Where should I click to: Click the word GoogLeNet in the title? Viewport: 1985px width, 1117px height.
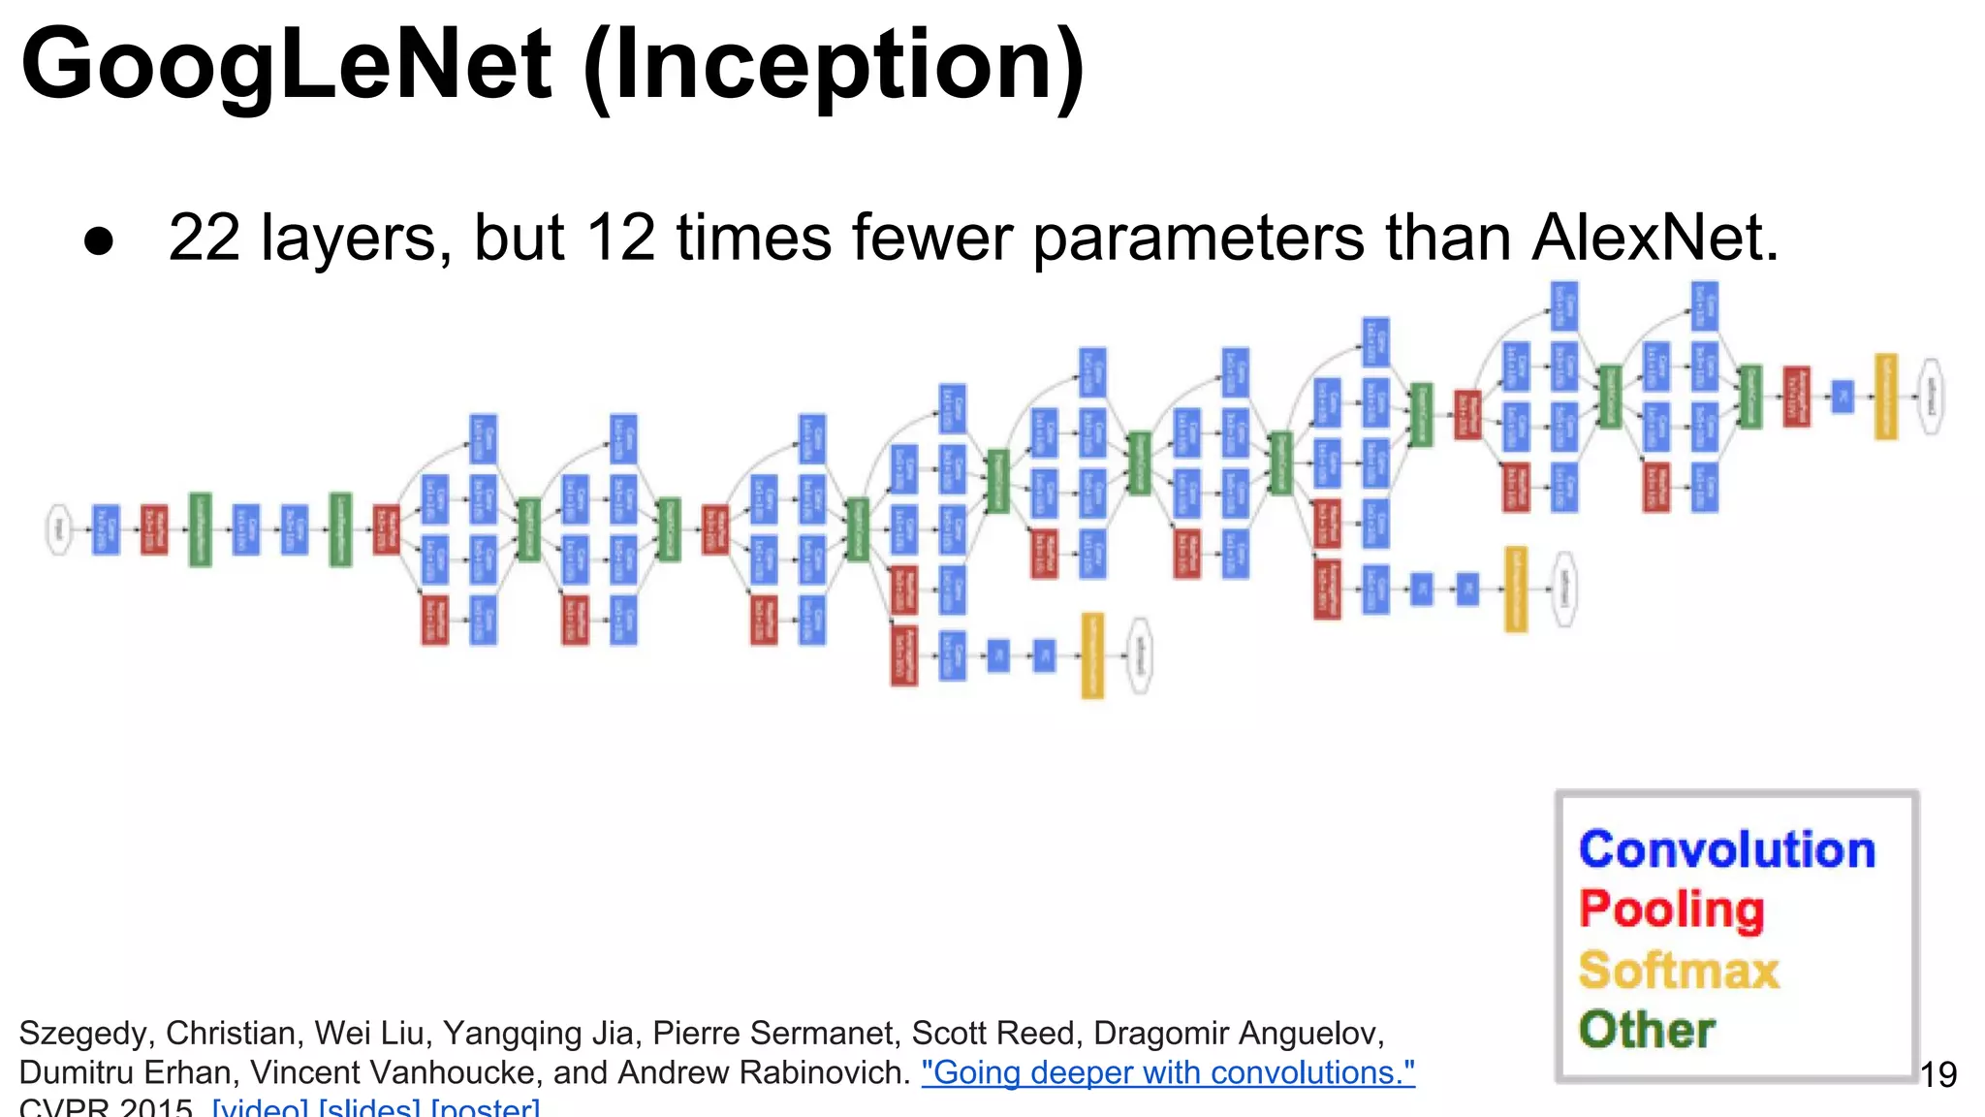click(286, 64)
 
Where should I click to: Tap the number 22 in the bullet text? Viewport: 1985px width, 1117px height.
click(204, 238)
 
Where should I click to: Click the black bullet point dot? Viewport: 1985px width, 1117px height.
click(99, 241)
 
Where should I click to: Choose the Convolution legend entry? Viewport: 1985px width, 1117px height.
click(1726, 849)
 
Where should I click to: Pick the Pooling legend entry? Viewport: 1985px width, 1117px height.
click(1671, 910)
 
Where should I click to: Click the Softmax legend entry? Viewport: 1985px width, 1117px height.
click(1679, 970)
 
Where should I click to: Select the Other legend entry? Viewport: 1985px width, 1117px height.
click(1646, 1030)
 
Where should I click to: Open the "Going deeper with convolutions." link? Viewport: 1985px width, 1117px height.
click(1168, 1072)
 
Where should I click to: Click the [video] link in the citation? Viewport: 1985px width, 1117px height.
click(262, 1107)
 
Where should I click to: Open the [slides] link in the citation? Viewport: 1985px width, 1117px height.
click(369, 1107)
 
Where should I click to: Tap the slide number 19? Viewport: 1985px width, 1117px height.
click(1938, 1074)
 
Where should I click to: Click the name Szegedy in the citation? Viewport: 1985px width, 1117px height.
click(85, 1034)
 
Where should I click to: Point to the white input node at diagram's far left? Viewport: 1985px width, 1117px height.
click(60, 529)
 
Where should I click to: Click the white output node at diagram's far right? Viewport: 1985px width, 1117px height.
click(1931, 397)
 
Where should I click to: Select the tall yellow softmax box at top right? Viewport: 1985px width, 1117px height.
click(1885, 397)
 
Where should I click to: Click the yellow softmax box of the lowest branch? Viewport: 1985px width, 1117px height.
click(1092, 655)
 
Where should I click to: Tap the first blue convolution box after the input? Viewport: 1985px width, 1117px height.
click(106, 529)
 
